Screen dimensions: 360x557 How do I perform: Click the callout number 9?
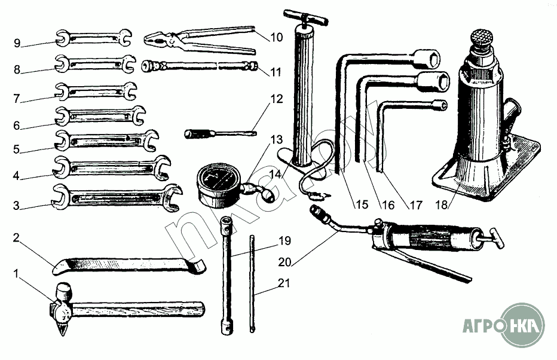pos(17,42)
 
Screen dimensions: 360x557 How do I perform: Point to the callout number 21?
pos(284,283)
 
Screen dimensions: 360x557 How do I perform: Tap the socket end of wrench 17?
pos(440,105)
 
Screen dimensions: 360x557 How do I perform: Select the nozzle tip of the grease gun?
pos(315,210)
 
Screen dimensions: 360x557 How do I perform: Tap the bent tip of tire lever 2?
pos(197,265)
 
